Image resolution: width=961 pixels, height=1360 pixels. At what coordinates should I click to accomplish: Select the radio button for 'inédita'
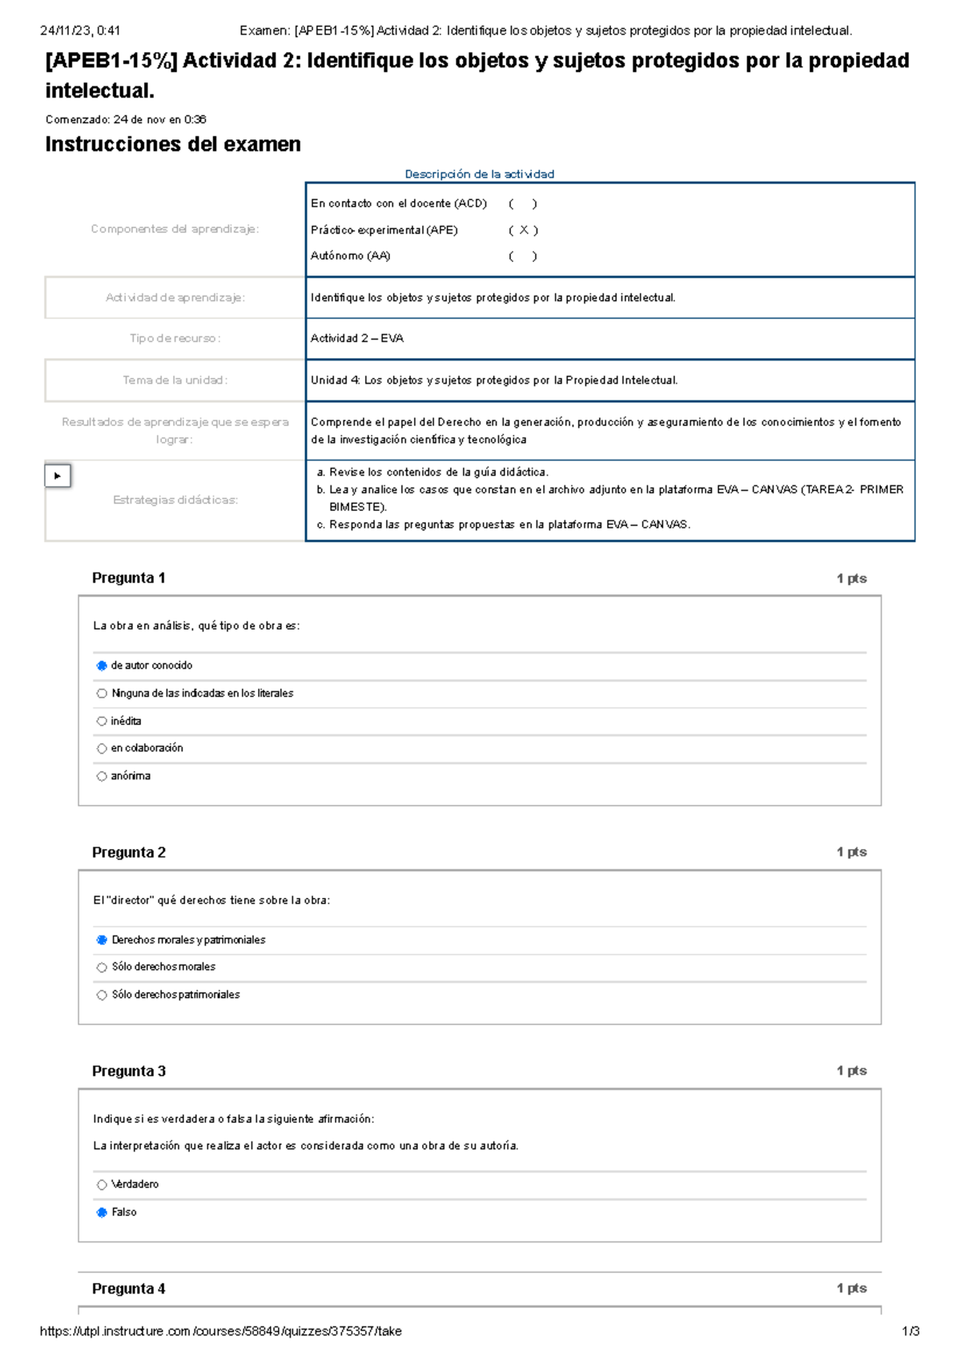[102, 721]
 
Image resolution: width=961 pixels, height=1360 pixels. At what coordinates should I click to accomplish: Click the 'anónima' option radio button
[102, 776]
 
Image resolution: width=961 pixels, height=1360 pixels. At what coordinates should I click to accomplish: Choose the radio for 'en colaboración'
[102, 748]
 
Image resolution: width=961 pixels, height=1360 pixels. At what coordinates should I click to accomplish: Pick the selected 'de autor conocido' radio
[102, 666]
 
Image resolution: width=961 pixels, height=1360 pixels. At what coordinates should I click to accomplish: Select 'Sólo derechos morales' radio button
[102, 968]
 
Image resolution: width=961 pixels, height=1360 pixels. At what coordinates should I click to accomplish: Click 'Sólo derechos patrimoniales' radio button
[102, 995]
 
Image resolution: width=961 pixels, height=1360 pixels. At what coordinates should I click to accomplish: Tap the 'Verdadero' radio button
[102, 1185]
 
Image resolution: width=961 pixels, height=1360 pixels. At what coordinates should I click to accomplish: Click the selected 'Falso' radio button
[102, 1213]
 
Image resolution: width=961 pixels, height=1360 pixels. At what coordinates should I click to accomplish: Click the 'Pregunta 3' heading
[128, 1071]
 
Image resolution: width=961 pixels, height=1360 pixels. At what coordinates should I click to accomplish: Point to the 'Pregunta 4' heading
[128, 1289]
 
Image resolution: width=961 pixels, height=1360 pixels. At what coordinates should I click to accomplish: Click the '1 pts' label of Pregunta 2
[851, 852]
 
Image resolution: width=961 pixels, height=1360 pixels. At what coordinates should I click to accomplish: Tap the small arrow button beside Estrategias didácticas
[58, 476]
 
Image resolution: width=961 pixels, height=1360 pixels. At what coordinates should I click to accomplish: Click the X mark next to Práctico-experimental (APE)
[523, 230]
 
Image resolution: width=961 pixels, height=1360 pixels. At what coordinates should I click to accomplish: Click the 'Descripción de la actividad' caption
[479, 174]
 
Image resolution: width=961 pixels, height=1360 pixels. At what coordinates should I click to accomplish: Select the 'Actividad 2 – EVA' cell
[357, 338]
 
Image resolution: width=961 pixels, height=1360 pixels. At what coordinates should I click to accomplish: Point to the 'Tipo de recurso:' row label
[175, 338]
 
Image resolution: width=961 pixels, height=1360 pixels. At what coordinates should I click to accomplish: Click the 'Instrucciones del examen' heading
[173, 144]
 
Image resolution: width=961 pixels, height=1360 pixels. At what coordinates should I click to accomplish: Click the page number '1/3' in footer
[911, 1331]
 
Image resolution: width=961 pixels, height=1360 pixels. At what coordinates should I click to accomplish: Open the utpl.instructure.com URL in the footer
[220, 1331]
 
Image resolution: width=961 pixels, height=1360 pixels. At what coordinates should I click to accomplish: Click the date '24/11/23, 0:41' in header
[80, 30]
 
